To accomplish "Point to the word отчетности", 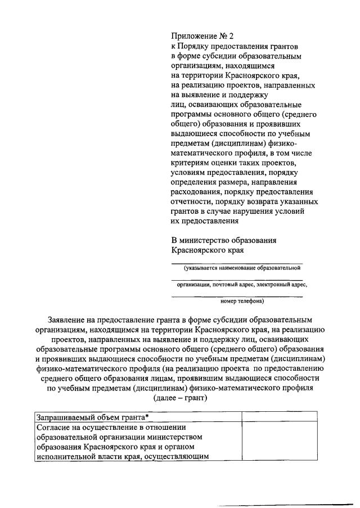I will pyautogui.click(x=193, y=201).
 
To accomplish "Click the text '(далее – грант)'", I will pyautogui.click(x=180, y=397).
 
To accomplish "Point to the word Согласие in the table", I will pyautogui.click(x=53, y=428).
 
